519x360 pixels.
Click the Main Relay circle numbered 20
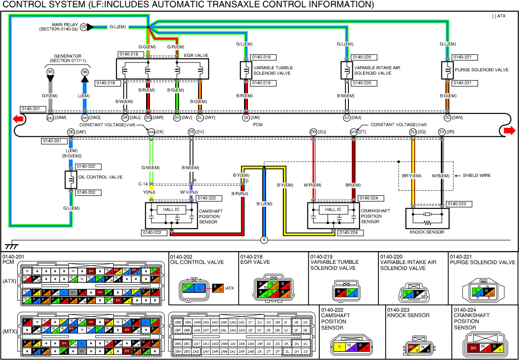tap(84, 27)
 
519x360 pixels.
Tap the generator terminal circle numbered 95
tap(50, 72)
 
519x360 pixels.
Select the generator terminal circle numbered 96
tap(85, 72)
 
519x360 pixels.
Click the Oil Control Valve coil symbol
tap(71, 180)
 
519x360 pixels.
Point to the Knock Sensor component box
tap(427, 218)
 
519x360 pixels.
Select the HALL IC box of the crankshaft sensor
tap(333, 210)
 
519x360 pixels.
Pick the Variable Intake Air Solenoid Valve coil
tap(347, 70)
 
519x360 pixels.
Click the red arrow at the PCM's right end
tap(509, 130)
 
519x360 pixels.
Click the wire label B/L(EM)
tap(264, 204)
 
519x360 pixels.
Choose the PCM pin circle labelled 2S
tap(191, 132)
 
